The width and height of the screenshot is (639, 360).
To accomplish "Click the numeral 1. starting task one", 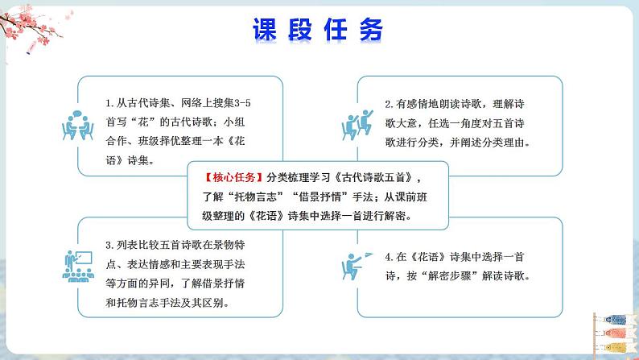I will [109, 104].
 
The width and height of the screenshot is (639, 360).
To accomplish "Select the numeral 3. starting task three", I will [109, 244].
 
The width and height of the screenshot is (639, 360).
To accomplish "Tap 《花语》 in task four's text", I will [428, 257].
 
